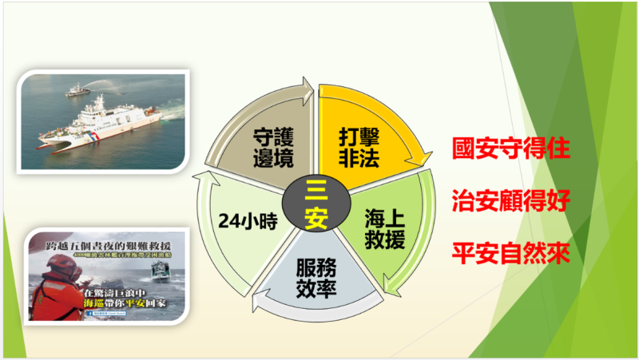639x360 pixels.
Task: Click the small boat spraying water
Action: tap(77, 91)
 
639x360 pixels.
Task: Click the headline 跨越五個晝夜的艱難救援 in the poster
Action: tap(108, 242)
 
